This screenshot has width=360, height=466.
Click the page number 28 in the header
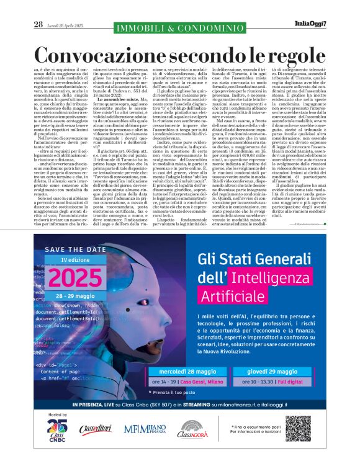[x=38, y=24]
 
